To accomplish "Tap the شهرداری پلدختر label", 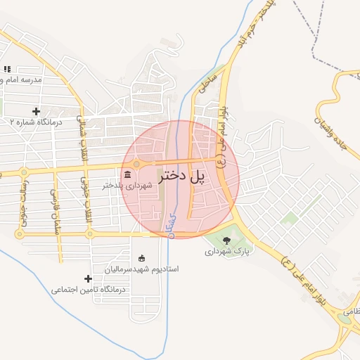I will (x=127, y=186).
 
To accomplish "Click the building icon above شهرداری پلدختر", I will (x=127, y=174).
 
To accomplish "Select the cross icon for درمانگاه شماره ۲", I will (x=37, y=111).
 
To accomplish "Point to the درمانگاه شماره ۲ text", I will (x=36, y=122).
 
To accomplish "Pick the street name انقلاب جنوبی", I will (x=87, y=208).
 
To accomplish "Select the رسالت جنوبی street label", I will (x=22, y=208).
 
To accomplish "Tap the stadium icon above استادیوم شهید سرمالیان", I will (x=142, y=257).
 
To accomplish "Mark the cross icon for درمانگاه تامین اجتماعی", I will (x=88, y=278).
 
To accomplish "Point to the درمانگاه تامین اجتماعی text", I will (x=88, y=289).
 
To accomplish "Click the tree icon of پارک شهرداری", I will (x=226, y=240).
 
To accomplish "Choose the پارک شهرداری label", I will (x=227, y=251).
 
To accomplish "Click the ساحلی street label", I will (x=206, y=82).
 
